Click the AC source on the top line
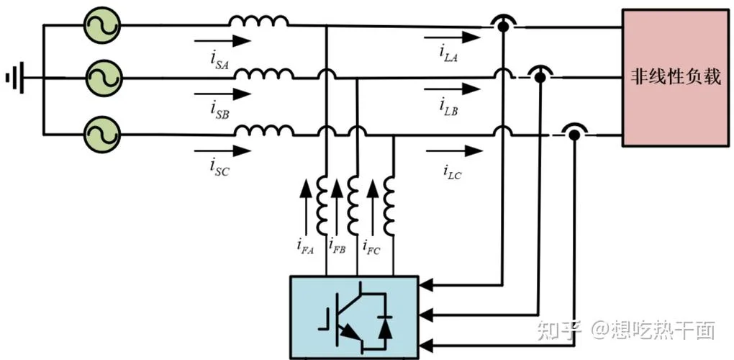coord(102,24)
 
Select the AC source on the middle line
coord(102,78)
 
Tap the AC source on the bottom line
coord(102,135)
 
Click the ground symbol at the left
coord(15,78)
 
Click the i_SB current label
coord(219,111)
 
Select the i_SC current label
coord(219,168)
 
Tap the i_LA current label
coord(448,54)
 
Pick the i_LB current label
coord(448,107)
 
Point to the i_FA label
coord(305,246)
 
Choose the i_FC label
coord(372,246)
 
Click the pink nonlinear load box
coord(675,78)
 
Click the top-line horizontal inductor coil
coord(258,21)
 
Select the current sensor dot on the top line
coord(502,27)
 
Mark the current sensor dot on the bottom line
coord(574,135)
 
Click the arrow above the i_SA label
coord(223,41)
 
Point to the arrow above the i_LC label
coord(454,150)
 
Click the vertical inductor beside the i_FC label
coord(389,207)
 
